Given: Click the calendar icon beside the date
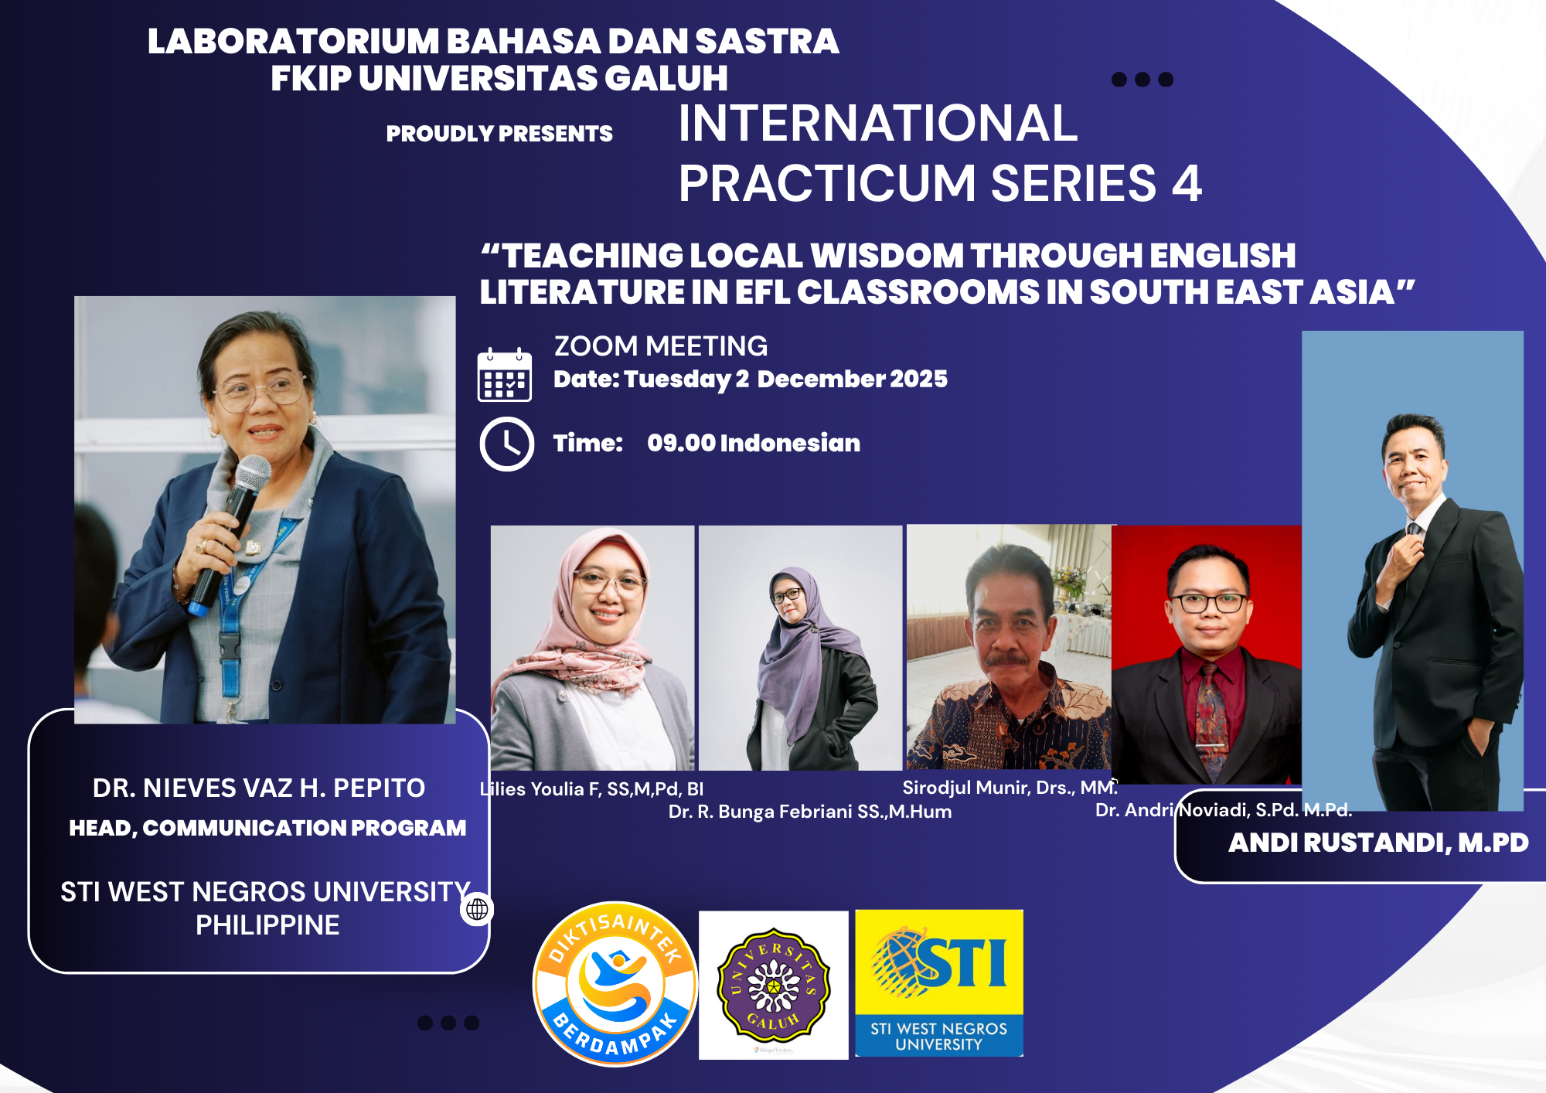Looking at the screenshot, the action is [505, 375].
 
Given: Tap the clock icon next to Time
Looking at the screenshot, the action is [507, 444].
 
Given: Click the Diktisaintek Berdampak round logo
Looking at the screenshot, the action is [615, 984].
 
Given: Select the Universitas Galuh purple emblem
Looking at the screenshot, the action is [774, 984].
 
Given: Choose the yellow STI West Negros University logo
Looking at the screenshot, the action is [939, 983].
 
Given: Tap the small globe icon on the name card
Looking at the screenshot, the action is [478, 909].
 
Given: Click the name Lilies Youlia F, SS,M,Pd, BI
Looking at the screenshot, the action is [591, 789].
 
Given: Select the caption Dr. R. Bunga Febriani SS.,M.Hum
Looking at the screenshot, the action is [810, 812].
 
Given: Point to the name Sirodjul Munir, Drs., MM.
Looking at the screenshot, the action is [1010, 788].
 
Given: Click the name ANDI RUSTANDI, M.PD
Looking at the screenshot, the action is [1378, 843].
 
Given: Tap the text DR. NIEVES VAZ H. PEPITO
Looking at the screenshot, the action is [259, 788].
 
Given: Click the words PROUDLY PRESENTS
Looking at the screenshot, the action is [499, 134].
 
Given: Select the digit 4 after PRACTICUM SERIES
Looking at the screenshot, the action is [1187, 183].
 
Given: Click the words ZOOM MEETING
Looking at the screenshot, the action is [661, 346].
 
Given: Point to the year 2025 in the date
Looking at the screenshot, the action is [918, 379].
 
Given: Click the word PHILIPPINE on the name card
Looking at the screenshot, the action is [267, 925].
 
